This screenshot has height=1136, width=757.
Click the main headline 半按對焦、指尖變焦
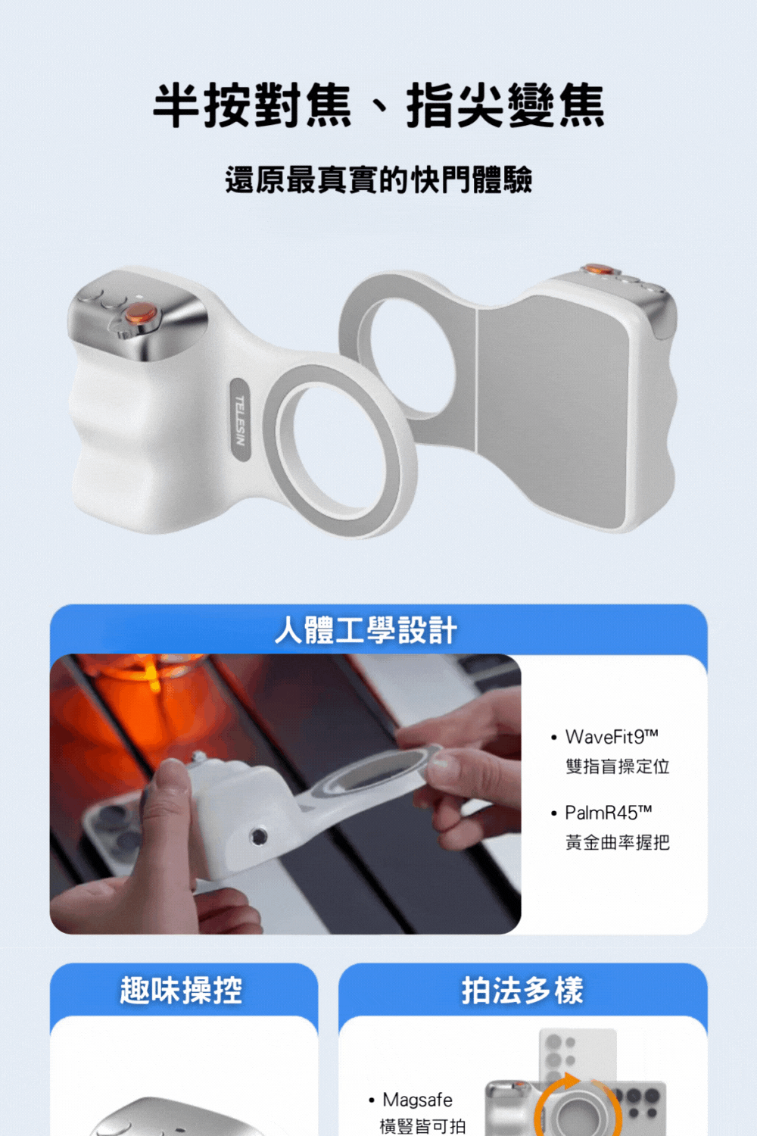coord(378,105)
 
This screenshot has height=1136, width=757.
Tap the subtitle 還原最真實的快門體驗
coord(378,180)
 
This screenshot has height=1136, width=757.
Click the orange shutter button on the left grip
coord(140,313)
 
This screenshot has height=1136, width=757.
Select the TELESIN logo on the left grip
coord(240,420)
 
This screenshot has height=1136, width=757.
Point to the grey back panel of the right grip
coord(560,409)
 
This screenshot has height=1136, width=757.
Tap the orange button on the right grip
coord(599,269)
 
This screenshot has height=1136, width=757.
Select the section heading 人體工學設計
coord(366,630)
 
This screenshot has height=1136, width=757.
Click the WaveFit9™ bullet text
coord(612,737)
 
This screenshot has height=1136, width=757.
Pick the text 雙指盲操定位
coord(617,766)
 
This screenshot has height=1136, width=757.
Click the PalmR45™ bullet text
coord(608,813)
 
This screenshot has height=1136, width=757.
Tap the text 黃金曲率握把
coord(617,842)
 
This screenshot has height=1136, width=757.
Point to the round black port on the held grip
coord(259,835)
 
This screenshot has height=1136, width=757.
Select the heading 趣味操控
coord(182,991)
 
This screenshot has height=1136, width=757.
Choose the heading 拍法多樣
coord(522,991)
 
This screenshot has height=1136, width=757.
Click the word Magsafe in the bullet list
coord(417,1100)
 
